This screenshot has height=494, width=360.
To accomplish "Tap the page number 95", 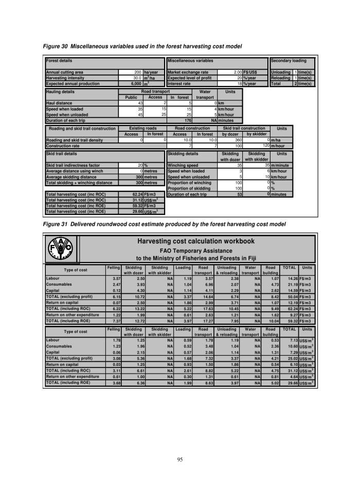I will (x=180, y=459).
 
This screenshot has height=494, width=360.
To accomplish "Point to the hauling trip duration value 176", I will (x=188, y=119).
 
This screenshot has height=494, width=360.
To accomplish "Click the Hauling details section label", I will (x=61, y=92).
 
